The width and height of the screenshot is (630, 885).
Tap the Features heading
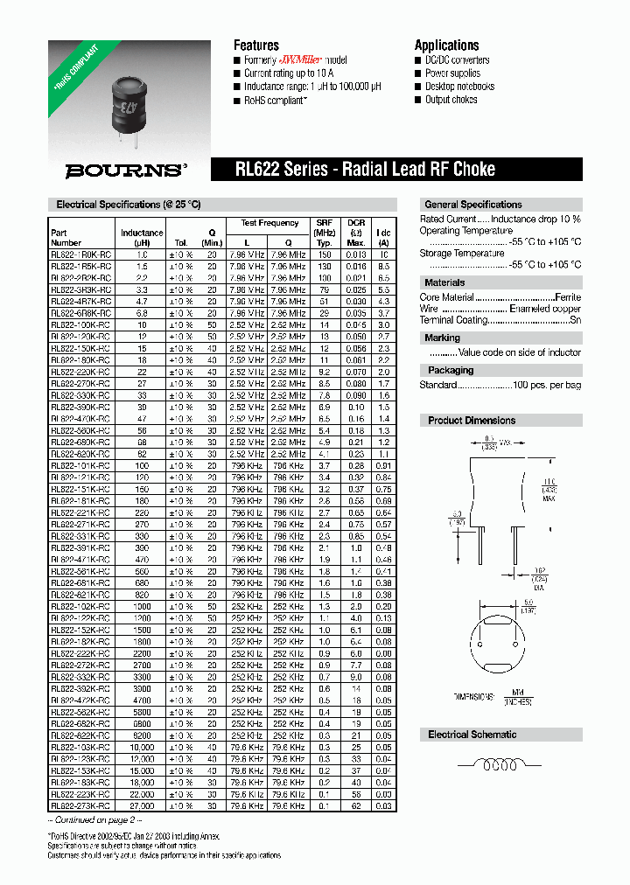click(255, 45)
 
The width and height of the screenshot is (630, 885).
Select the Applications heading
click(446, 45)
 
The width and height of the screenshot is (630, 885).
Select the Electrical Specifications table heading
click(128, 205)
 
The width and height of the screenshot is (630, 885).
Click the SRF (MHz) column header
click(325, 228)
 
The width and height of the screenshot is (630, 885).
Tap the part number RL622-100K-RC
click(80, 324)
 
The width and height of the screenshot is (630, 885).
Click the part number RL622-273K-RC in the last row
click(80, 805)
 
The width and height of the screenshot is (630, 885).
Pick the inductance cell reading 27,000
click(142, 805)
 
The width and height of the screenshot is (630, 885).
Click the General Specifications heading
click(472, 205)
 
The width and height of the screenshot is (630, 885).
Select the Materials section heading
click(444, 282)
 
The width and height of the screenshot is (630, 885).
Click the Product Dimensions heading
click(472, 421)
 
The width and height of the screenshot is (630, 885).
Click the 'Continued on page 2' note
click(92, 820)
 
